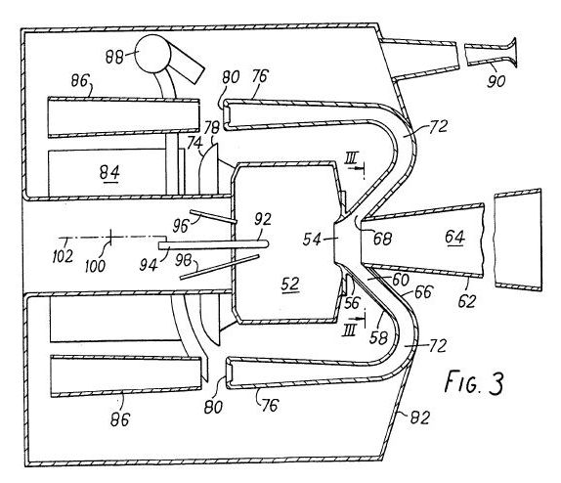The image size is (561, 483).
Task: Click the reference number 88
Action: (x=114, y=57)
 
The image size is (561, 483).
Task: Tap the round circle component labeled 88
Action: (x=152, y=54)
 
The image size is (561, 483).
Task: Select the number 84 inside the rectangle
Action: (x=109, y=173)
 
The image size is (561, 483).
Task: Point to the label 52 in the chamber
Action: (x=290, y=284)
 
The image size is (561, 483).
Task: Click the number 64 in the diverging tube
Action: (x=454, y=237)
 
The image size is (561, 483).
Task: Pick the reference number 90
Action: (x=496, y=81)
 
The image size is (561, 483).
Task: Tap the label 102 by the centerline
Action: (x=63, y=256)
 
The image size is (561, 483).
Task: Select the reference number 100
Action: (x=95, y=266)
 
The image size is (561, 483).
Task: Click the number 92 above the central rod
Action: (x=263, y=219)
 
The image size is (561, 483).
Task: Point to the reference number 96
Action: (x=181, y=226)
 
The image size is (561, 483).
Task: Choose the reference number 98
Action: (x=184, y=260)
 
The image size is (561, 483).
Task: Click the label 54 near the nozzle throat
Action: (x=312, y=240)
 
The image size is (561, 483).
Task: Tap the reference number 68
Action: (x=382, y=239)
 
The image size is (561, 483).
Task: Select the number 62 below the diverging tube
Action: (x=467, y=302)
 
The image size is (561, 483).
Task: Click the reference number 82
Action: (x=419, y=417)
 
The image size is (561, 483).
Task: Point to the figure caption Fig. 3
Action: (x=474, y=382)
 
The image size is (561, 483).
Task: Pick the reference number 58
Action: (x=378, y=337)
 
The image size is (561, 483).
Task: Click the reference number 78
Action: (x=211, y=127)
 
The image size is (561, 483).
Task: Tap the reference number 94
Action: (x=149, y=265)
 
